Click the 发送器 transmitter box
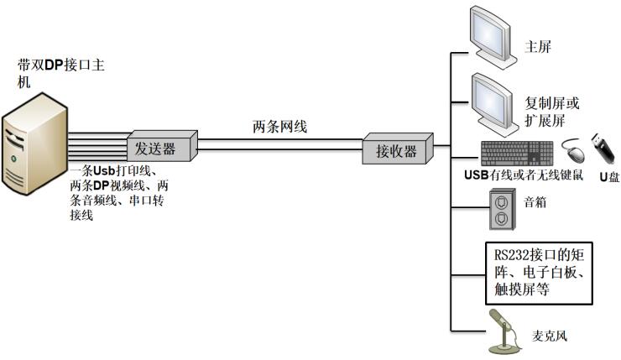tap(163, 148)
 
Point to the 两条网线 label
tap(280, 128)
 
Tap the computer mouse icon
tap(571, 153)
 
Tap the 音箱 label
tap(535, 202)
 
